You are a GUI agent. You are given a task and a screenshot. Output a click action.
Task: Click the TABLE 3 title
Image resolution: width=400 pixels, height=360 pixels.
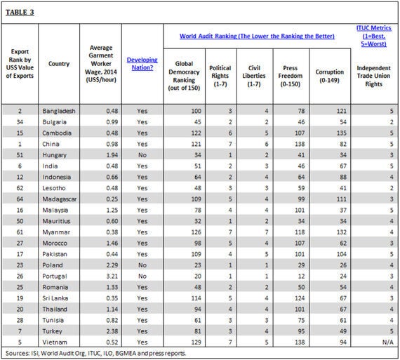[20, 12]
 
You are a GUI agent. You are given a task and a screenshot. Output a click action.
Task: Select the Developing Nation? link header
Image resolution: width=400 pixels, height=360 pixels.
[142, 64]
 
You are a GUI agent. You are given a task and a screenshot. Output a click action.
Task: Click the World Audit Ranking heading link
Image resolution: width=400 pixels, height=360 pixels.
[257, 36]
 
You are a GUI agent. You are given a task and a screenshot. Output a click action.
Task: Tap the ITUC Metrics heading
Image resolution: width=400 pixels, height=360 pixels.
[374, 36]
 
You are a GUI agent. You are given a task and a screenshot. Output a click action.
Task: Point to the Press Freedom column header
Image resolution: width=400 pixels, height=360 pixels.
[291, 76]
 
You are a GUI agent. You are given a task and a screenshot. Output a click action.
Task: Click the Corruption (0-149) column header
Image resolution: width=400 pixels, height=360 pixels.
[330, 76]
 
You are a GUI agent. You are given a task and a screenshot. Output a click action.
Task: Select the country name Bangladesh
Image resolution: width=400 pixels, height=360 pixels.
[59, 111]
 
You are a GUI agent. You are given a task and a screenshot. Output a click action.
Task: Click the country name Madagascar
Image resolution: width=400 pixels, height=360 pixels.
[60, 199]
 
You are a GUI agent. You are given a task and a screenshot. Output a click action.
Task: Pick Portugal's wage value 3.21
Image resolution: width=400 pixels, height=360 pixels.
[112, 276]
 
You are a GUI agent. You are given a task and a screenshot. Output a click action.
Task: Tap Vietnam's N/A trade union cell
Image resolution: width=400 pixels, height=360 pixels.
[388, 342]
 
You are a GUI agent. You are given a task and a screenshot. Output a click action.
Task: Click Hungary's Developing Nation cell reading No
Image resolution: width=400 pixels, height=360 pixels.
[142, 155]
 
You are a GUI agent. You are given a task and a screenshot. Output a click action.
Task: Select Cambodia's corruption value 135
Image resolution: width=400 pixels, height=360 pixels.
[341, 133]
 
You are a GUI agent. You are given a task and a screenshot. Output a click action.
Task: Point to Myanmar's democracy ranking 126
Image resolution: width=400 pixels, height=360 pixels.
[196, 232]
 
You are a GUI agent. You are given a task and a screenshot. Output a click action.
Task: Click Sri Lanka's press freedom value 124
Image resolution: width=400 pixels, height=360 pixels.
[300, 298]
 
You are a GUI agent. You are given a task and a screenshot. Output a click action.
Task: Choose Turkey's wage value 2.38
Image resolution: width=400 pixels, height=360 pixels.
[112, 331]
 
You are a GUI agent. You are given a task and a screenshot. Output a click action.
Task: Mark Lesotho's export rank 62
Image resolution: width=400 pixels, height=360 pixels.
[20, 188]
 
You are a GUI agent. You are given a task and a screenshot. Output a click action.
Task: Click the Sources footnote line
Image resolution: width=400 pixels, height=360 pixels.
[95, 354]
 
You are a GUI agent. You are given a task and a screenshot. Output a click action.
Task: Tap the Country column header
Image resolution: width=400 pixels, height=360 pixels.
[59, 64]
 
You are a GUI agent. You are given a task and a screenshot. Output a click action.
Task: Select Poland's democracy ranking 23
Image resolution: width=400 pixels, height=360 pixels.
[198, 265]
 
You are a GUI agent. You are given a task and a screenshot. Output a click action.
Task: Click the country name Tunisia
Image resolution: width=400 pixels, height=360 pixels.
[53, 320]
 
